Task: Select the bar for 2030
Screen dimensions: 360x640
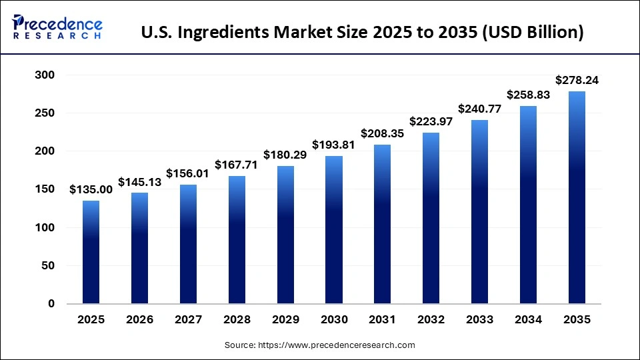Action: (334, 230)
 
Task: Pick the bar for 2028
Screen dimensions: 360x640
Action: (237, 240)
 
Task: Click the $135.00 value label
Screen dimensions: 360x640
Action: (91, 190)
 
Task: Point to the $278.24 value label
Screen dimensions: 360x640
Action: (577, 81)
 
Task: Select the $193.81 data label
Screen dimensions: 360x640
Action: (334, 145)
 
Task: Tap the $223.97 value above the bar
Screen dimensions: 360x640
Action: (431, 122)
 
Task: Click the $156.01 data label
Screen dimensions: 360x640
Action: (188, 174)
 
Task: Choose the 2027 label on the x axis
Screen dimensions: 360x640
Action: (188, 320)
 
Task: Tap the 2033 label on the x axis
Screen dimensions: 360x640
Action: (480, 320)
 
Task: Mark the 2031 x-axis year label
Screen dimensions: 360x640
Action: (383, 320)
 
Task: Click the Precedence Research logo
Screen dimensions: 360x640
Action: (57, 27)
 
